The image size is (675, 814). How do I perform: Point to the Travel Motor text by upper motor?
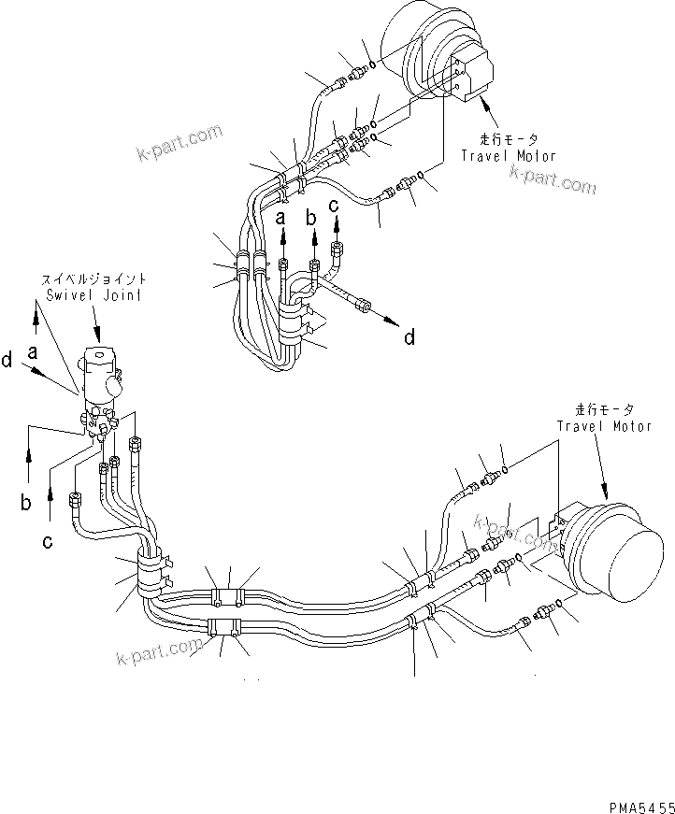coord(508,156)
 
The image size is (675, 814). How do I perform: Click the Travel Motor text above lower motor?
coord(604,426)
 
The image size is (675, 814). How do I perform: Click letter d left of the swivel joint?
coord(7,360)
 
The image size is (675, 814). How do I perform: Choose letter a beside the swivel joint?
coord(34,352)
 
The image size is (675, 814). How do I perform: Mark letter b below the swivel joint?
coord(26,504)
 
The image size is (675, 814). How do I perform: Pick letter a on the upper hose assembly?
coord(280,218)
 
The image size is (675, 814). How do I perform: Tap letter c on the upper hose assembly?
coord(333,207)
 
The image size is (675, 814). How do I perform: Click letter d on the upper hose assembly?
coord(409,337)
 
